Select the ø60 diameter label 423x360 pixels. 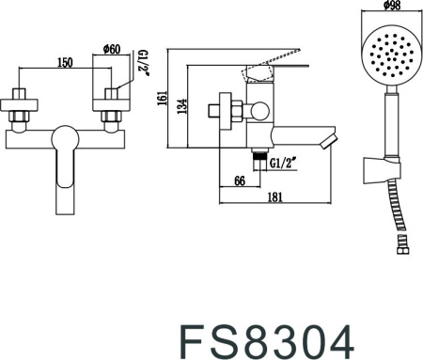[x=110, y=50]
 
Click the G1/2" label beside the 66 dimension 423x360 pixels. [x=284, y=162]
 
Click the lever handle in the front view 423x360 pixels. [x=66, y=164]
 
